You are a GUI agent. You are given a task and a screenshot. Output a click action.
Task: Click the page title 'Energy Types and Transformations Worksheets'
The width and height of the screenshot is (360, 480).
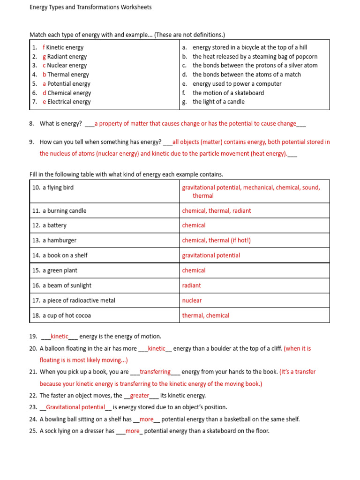[90, 7]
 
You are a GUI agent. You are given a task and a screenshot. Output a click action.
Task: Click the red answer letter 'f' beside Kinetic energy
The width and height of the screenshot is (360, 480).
[44, 47]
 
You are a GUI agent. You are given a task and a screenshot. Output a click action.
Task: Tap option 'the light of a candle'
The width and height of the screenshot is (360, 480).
[218, 102]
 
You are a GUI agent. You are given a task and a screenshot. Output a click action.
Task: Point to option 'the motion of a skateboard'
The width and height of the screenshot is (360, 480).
[228, 93]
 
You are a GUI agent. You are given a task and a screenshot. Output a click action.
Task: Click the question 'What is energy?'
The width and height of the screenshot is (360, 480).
[61, 124]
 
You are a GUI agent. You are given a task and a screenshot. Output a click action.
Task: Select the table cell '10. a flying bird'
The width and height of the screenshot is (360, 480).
[53, 187]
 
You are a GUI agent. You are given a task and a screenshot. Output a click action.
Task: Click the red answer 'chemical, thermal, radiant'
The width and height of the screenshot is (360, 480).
[217, 211]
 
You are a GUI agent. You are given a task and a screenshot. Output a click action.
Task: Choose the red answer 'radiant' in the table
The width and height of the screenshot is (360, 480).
[192, 285]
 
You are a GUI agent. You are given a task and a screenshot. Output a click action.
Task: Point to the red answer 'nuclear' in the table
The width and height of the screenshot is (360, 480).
[192, 300]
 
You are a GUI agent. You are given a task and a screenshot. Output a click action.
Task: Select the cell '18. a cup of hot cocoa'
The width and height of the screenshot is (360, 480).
[61, 315]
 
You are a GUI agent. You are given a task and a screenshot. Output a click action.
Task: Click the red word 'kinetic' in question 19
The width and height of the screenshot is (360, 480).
[60, 337]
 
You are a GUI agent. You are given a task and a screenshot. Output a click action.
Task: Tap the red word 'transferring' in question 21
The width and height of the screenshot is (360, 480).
[155, 372]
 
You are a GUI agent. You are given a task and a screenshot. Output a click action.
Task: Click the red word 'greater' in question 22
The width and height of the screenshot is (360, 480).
[139, 396]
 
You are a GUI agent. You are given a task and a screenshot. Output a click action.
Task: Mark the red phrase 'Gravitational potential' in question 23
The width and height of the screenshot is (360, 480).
[75, 407]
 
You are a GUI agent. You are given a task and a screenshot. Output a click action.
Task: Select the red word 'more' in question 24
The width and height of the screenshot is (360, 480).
[147, 419]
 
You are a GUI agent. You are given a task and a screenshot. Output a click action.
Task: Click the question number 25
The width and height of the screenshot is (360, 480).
[33, 431]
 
